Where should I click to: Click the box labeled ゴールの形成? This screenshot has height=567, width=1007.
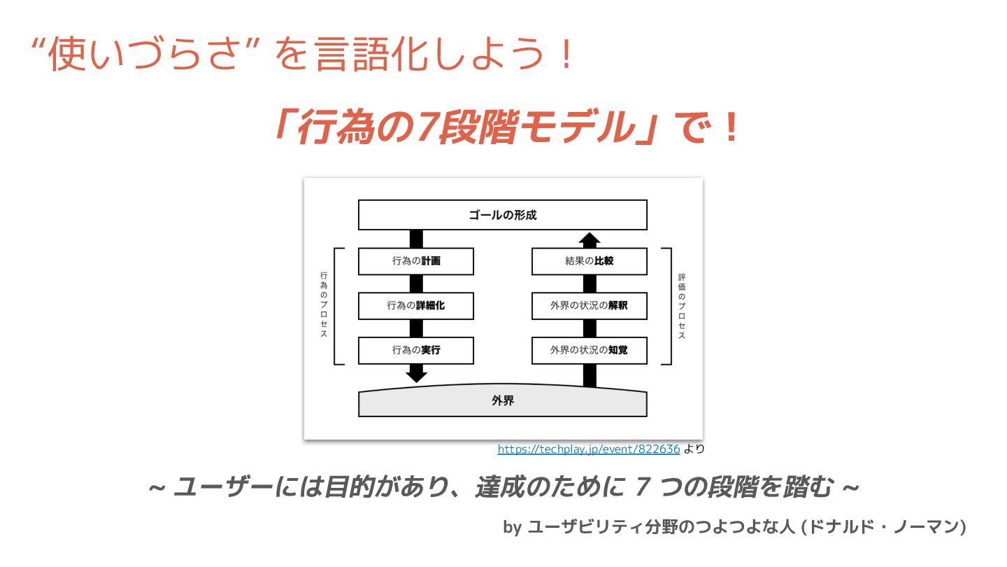pos(502,215)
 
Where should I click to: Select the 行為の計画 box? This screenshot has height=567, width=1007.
pos(415,262)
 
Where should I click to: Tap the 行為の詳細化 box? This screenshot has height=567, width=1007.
pos(415,306)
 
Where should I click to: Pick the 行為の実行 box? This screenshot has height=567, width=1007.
pos(415,350)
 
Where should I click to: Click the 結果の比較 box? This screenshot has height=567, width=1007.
pos(589,262)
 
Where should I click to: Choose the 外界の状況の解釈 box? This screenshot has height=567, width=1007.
pos(589,306)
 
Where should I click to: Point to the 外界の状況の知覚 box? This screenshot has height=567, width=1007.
pos(589,350)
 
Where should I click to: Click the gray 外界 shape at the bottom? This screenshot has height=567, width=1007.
pos(502,402)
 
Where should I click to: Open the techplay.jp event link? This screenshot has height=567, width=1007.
pos(588,449)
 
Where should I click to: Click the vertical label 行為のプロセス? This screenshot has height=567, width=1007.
pos(324,305)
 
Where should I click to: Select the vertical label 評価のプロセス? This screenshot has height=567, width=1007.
pos(682,306)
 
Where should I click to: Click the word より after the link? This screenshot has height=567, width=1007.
pos(694,449)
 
